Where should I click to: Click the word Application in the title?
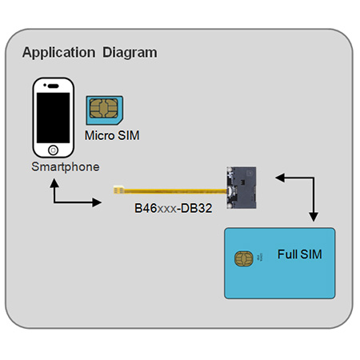pos(58,53)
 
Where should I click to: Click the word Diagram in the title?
pos(130,53)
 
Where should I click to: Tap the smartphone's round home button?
pos(53,150)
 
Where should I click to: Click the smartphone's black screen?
pos(53,118)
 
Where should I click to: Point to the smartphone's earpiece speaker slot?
pos(53,86)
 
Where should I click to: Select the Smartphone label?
pos(66,167)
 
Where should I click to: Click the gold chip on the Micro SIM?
pos(104,108)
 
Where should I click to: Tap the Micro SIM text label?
pos(112,135)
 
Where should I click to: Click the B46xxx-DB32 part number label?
pos(174,208)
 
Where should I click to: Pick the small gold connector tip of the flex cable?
pos(118,190)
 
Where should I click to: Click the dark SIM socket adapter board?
pos(242,187)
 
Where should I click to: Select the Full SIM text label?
pos(299,254)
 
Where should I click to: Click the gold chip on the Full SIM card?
pos(244,258)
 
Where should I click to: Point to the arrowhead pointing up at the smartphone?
pos(54,183)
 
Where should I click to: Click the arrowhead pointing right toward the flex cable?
pos(97,202)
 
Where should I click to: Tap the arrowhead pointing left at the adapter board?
pos(280,178)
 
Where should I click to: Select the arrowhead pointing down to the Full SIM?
pos(314,217)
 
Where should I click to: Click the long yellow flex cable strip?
pos(175,190)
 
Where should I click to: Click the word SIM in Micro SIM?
pos(129,135)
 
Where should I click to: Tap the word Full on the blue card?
pos(287,254)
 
